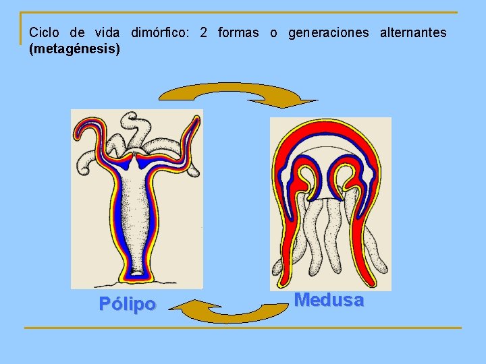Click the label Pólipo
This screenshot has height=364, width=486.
click(x=127, y=304)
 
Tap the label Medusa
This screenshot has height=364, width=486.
click(x=329, y=300)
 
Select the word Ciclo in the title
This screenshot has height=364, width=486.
click(x=45, y=32)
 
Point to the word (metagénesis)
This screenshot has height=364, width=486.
click(x=75, y=49)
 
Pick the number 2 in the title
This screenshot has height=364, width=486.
click(x=203, y=32)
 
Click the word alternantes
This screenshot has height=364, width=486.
click(x=413, y=32)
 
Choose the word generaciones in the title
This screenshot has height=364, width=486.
click(x=329, y=32)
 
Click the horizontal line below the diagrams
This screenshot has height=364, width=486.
click(x=243, y=328)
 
